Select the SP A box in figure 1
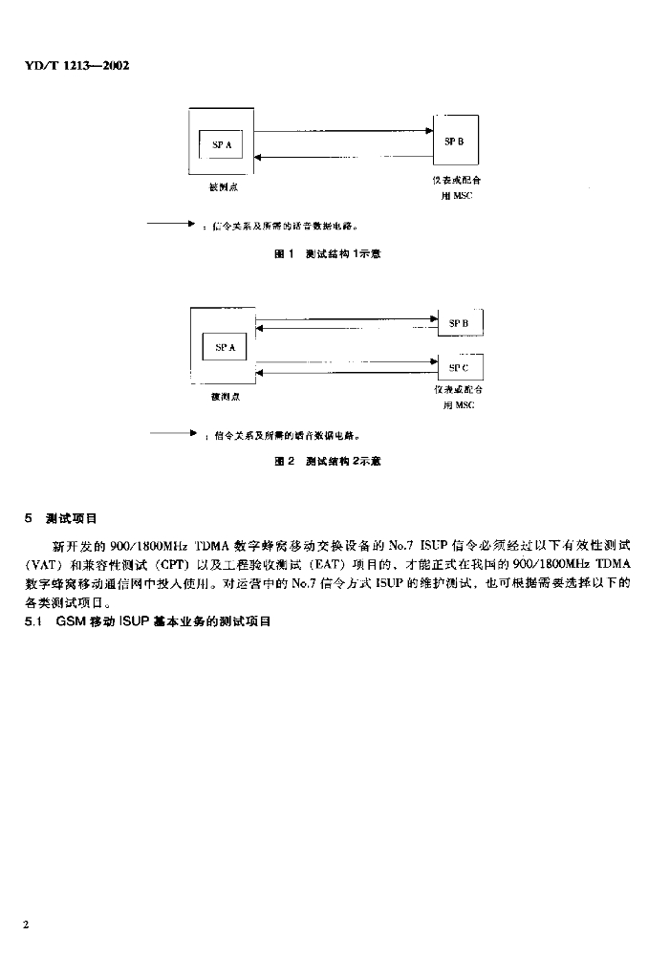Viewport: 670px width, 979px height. (221, 145)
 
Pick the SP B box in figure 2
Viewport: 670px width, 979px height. (460, 323)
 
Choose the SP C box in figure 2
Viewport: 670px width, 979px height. (460, 366)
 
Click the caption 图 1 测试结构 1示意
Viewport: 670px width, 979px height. (328, 254)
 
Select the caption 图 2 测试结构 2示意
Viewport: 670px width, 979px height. (328, 461)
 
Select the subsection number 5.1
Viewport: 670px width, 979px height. (33, 621)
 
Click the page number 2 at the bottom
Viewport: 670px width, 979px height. (28, 925)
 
